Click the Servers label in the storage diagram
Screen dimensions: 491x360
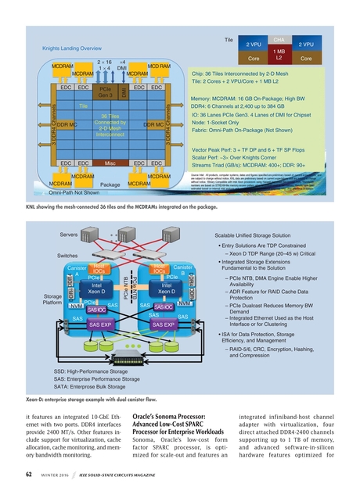[70, 213]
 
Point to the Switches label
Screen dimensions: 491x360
[69, 233]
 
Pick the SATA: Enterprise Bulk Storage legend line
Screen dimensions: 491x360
[89, 386]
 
